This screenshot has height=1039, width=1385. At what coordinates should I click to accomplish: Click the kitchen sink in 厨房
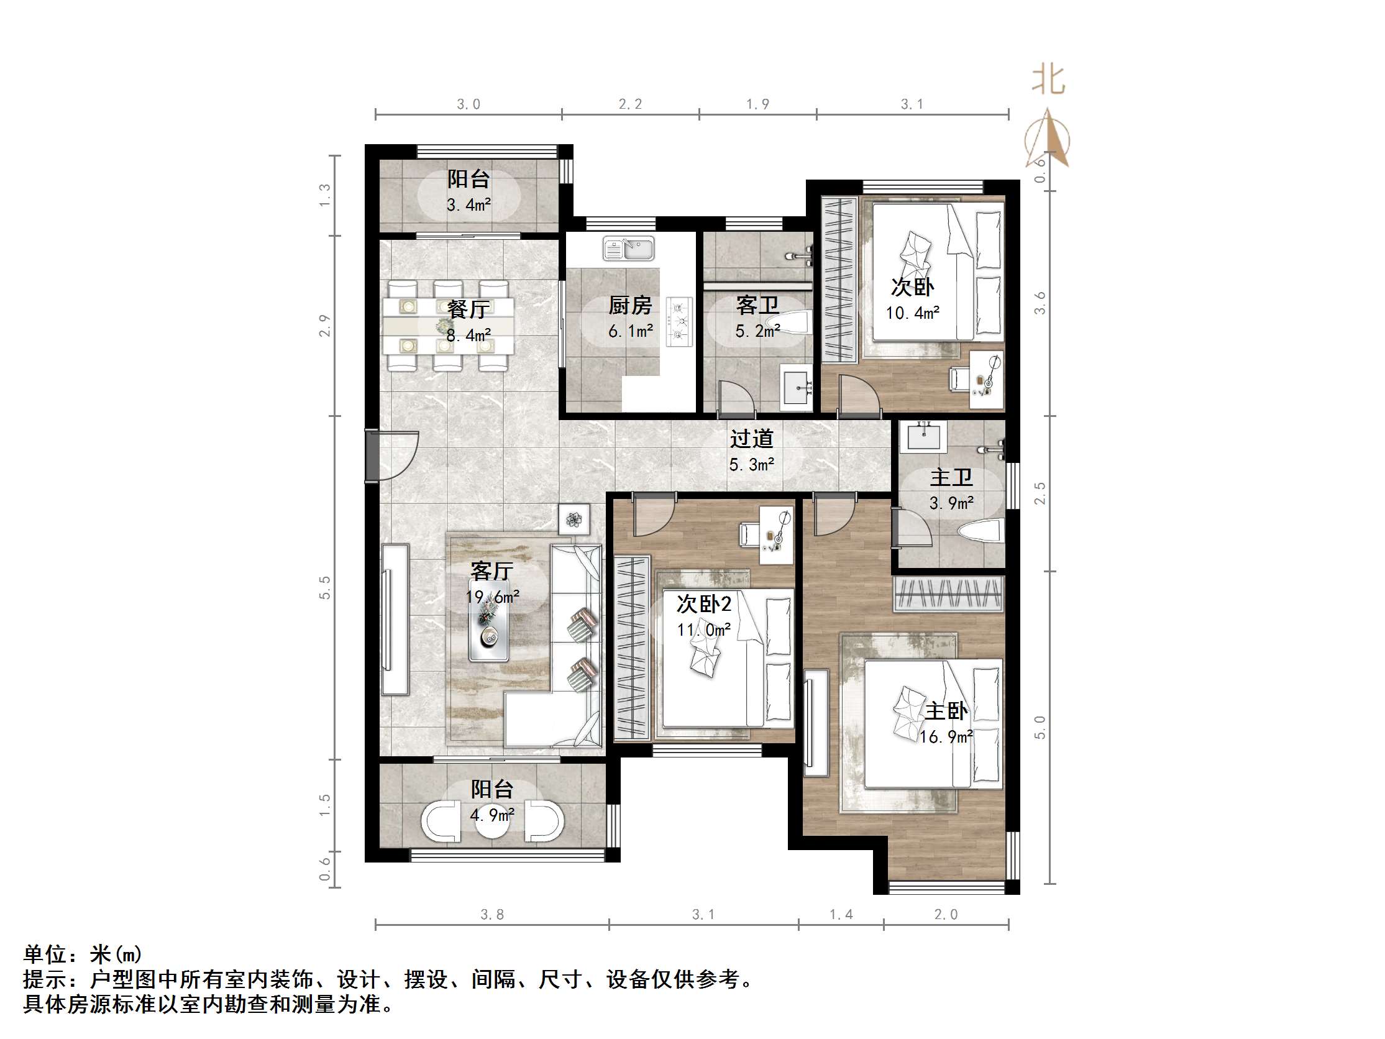[x=628, y=249]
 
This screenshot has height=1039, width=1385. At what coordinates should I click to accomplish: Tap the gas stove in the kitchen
[x=679, y=322]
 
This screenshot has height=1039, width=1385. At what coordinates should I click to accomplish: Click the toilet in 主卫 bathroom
[x=980, y=533]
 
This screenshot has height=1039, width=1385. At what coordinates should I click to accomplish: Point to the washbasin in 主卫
[x=923, y=434]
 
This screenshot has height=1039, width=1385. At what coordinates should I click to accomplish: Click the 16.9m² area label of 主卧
[x=946, y=737]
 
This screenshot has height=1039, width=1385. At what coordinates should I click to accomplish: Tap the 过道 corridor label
[x=751, y=439]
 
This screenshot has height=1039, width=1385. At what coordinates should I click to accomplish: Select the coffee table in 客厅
[x=489, y=620]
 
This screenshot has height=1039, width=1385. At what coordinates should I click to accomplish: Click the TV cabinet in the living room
[x=395, y=619]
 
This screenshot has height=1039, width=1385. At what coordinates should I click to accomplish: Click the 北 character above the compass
[x=1048, y=81]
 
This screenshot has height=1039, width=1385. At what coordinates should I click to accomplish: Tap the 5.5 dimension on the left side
[x=324, y=587]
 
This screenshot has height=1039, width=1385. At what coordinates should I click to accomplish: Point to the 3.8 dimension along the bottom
[x=491, y=914]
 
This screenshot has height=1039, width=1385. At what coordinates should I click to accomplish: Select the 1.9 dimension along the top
[x=757, y=104]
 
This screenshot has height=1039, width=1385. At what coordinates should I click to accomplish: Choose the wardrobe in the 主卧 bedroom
[x=948, y=593]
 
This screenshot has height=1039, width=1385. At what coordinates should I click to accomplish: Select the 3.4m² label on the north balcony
[x=469, y=205]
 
